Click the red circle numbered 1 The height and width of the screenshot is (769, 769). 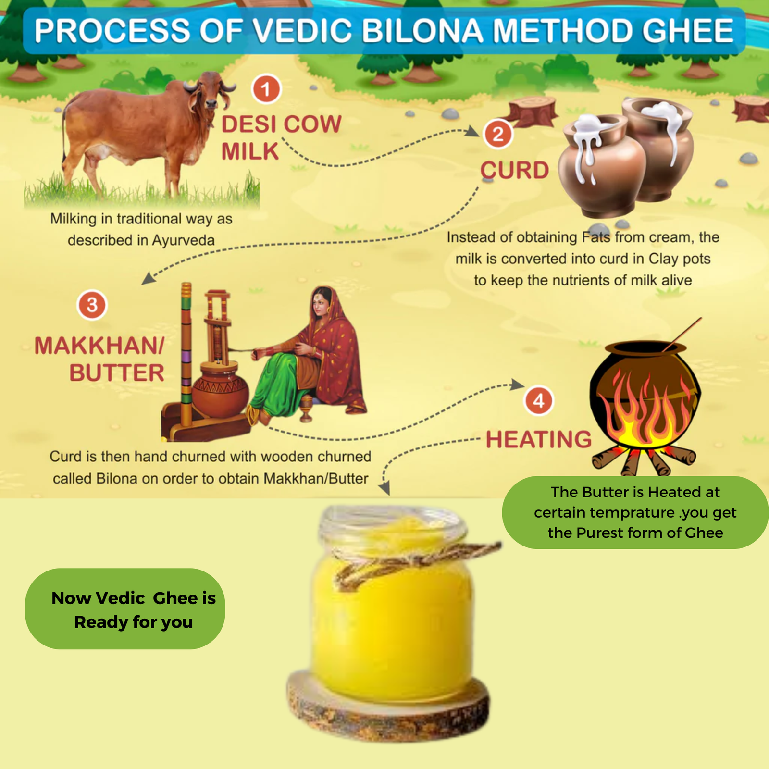click(x=266, y=89)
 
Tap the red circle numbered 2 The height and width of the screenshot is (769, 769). click(x=498, y=134)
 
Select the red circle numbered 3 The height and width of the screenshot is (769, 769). click(x=92, y=305)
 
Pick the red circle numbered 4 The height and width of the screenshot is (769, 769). click(x=538, y=401)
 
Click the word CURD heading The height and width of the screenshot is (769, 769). click(x=515, y=170)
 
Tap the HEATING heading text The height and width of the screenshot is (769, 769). click(x=539, y=439)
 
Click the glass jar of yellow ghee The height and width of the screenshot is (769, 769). click(x=392, y=603)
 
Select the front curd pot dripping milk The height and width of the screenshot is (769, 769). click(x=603, y=166)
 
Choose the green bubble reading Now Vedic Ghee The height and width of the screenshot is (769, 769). click(x=125, y=609)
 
